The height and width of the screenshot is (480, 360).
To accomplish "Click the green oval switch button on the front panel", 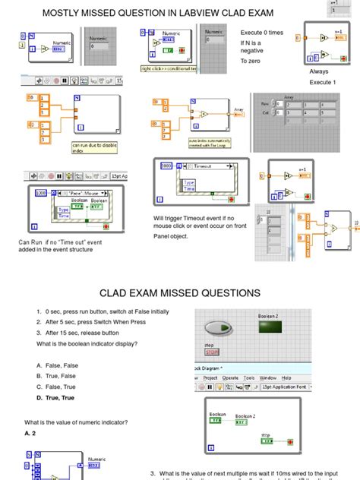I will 218,328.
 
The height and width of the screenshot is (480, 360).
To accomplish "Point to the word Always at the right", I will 318,71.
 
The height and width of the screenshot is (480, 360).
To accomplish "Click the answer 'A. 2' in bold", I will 30,432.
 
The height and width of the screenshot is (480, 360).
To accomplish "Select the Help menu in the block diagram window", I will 286,377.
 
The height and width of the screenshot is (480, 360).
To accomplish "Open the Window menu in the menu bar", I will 267,377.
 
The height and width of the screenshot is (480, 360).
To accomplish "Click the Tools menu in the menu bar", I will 248,377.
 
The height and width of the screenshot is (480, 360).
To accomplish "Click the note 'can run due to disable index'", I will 93,148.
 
